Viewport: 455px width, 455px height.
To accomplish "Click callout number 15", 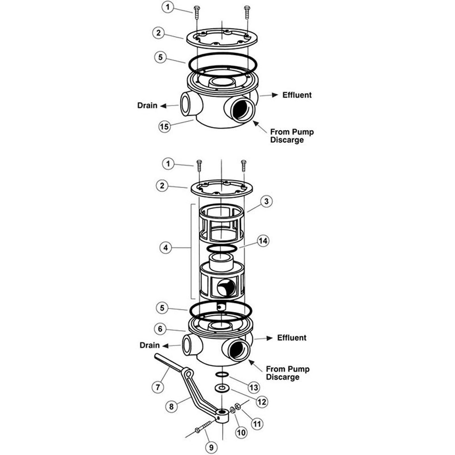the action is coord(164,127).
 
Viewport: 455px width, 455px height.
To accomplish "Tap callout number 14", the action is coord(263,241).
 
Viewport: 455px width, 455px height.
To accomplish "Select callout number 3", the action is coord(266,201).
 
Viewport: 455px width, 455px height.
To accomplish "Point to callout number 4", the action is coord(166,248).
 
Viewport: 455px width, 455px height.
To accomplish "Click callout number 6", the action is coord(160,329).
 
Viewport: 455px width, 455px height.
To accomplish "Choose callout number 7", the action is coord(158,387).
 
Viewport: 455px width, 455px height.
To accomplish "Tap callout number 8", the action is coord(171,406).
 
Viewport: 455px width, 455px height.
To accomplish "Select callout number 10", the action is coord(241,433).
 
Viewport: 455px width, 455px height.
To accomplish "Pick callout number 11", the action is coord(257,424).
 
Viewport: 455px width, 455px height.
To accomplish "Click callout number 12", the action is coord(262,402).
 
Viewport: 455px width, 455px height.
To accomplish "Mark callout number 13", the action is coord(254,387).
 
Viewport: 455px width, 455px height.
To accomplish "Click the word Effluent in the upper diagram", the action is coord(297,95).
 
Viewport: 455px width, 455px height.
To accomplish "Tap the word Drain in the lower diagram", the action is coord(150,345).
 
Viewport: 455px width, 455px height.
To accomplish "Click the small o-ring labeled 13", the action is coord(222,374).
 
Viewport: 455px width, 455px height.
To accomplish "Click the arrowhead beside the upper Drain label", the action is coord(163,106).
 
